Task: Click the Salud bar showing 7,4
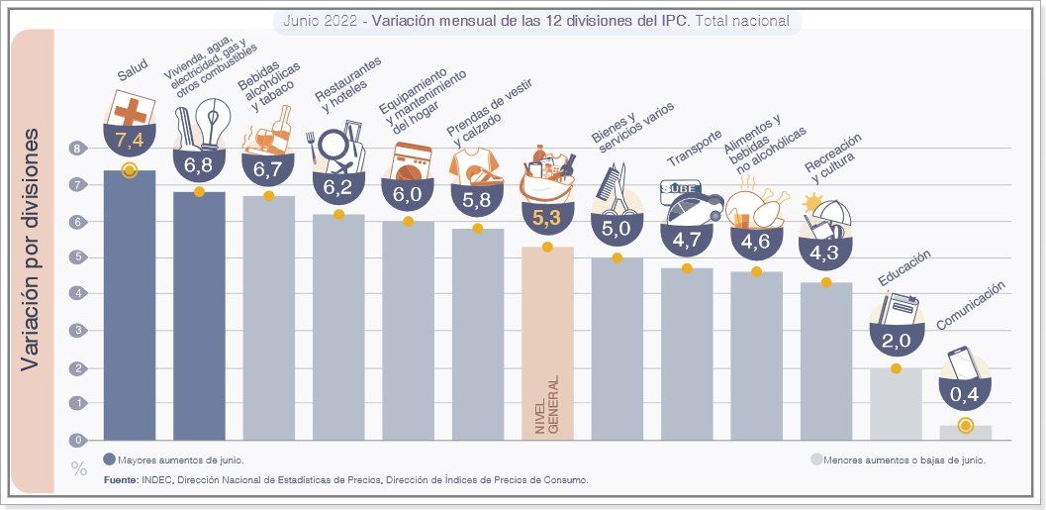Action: pyautogui.click(x=129, y=307)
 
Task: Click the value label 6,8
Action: pyautogui.click(x=199, y=160)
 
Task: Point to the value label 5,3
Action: pyautogui.click(x=546, y=218)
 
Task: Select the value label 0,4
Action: pyautogui.click(x=965, y=396)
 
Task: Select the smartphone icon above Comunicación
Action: pyautogui.click(x=963, y=363)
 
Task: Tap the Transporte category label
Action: pyautogui.click(x=694, y=148)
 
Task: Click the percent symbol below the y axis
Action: pyautogui.click(x=79, y=468)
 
